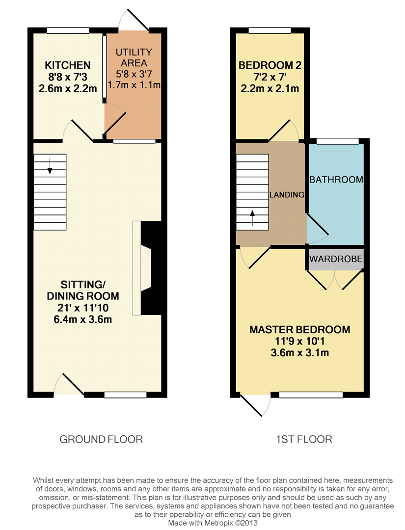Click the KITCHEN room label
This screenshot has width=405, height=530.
click(68, 65)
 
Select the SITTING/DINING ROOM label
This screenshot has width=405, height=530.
click(83, 290)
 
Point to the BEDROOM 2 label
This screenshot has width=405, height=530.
click(270, 65)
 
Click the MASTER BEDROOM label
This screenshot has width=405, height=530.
click(300, 330)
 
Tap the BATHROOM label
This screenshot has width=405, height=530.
click(336, 180)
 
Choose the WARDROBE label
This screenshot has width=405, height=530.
click(336, 259)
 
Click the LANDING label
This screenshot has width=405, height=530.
click(287, 195)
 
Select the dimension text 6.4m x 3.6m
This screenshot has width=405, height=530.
click(83, 320)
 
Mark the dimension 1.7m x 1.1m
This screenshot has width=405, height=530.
click(135, 85)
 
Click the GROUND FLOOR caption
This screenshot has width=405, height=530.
click(101, 439)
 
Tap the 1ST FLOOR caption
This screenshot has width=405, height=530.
click(304, 439)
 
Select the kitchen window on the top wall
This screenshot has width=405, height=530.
click(68, 30)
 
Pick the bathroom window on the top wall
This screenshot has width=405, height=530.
click(337, 141)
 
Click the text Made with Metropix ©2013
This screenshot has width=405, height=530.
click(213, 523)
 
